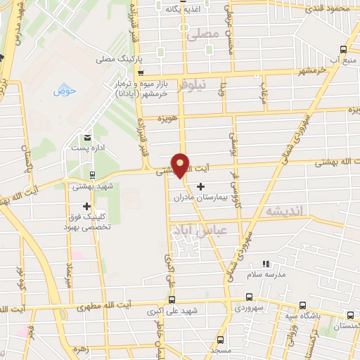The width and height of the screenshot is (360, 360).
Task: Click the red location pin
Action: point(181,165)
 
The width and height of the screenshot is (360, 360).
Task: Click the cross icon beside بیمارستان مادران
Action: point(201,186)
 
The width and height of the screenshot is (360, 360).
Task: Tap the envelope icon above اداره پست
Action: point(87,137)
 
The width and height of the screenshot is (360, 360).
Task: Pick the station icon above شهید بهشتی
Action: point(92,174)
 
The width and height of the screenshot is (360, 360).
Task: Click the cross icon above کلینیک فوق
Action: point(87,206)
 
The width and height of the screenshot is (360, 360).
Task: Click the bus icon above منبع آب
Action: point(343,49)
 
